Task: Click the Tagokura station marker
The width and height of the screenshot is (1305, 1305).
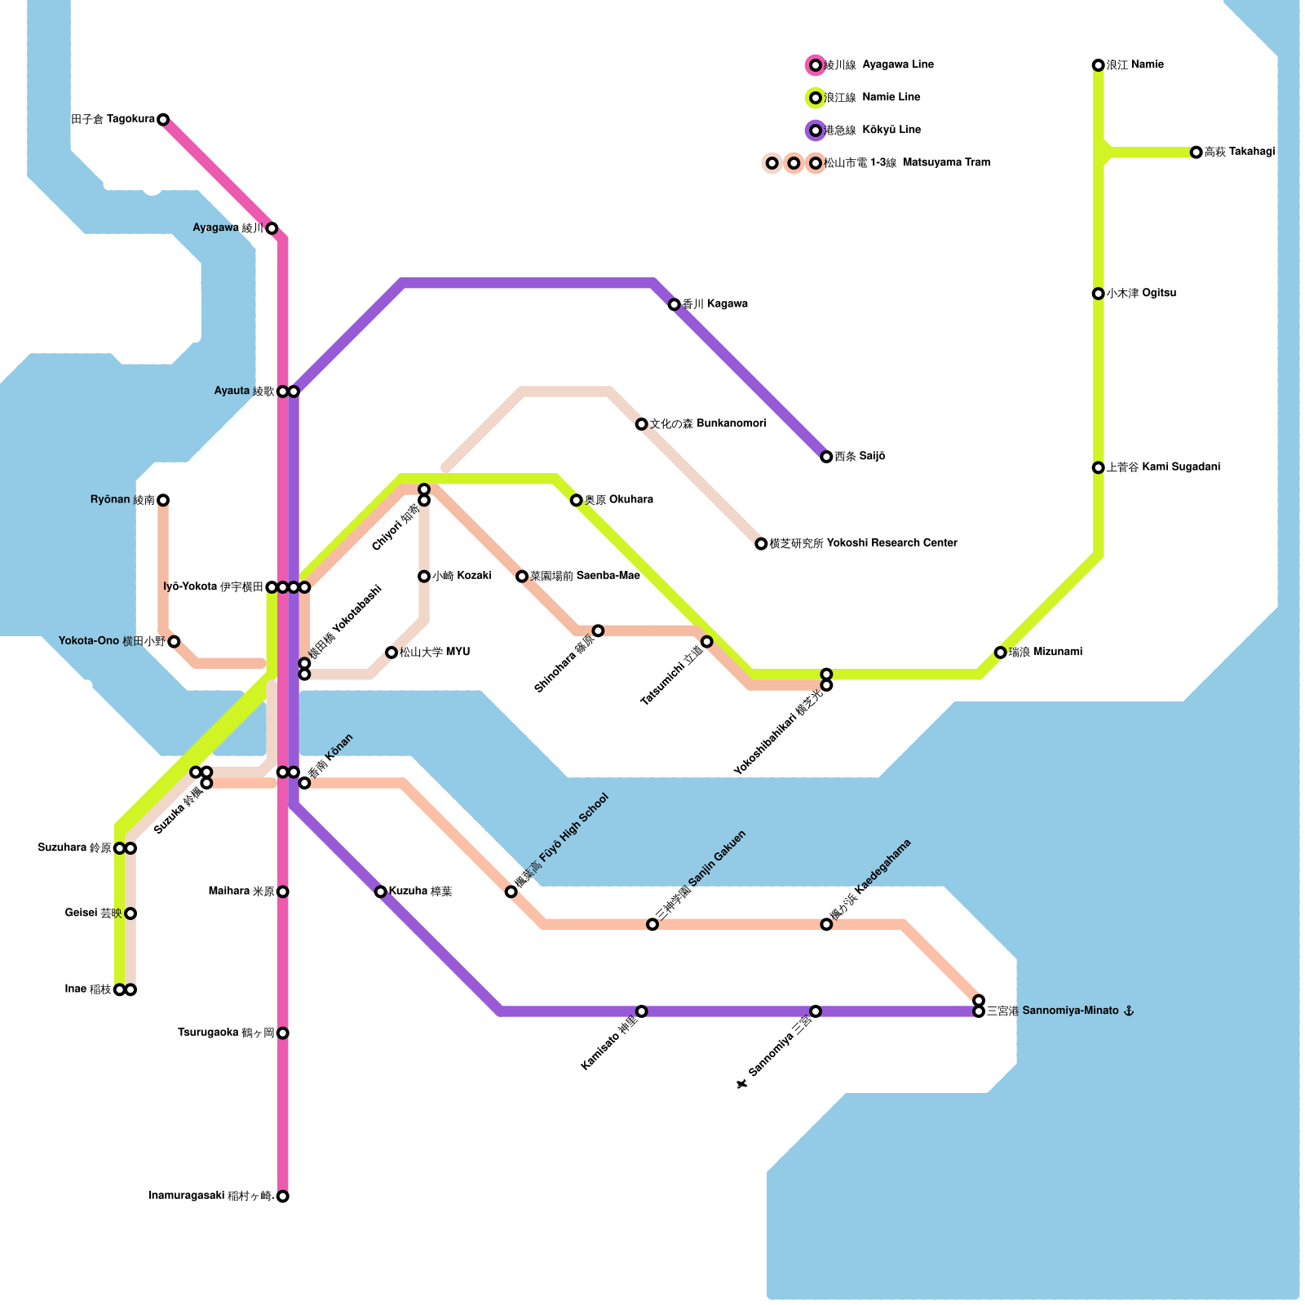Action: (x=163, y=120)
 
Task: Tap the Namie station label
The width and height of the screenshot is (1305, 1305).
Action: (x=1135, y=65)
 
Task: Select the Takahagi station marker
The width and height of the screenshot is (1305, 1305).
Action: (x=1196, y=153)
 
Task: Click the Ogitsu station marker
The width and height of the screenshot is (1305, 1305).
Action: (x=1098, y=294)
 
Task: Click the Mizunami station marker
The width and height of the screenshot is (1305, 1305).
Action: (x=1000, y=652)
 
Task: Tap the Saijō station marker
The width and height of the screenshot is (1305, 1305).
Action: (x=826, y=457)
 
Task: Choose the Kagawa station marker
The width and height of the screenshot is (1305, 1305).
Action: (x=674, y=305)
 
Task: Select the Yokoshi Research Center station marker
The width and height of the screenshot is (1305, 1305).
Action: (x=761, y=544)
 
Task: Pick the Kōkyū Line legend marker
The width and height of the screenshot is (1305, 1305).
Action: (x=815, y=130)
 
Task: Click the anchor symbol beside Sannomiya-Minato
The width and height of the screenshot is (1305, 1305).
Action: (x=1129, y=1011)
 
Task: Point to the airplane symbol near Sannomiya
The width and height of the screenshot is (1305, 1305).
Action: (x=741, y=1084)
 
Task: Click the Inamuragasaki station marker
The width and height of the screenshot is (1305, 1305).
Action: (x=282, y=1197)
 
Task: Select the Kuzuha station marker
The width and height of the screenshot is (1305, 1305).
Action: (x=380, y=891)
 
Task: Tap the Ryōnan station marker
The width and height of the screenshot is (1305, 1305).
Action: (x=163, y=500)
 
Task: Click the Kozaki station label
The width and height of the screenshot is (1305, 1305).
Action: (x=462, y=577)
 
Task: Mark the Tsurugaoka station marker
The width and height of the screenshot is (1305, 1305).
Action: (x=282, y=1033)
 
